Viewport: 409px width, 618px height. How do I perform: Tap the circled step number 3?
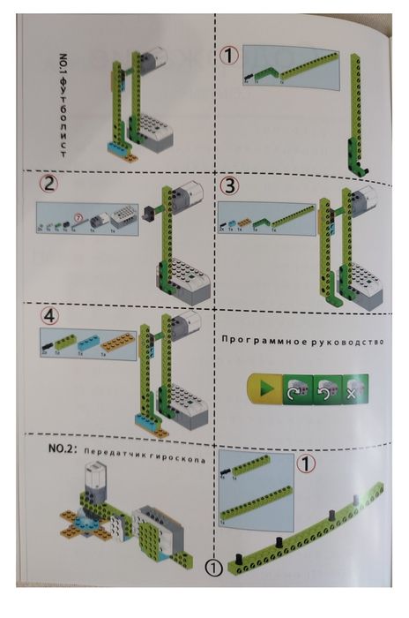pos(229,186)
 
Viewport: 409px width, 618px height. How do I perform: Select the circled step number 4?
pos(49,315)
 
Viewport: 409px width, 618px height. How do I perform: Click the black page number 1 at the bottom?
pos(213,567)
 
